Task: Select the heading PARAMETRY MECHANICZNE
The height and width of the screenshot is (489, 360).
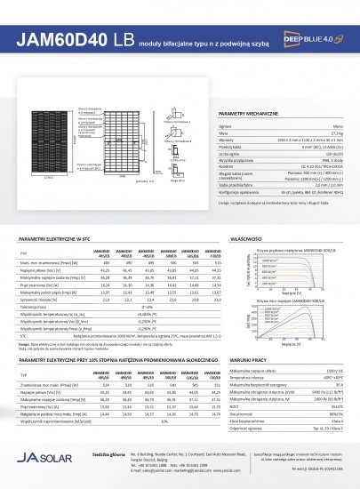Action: pos(248,116)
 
